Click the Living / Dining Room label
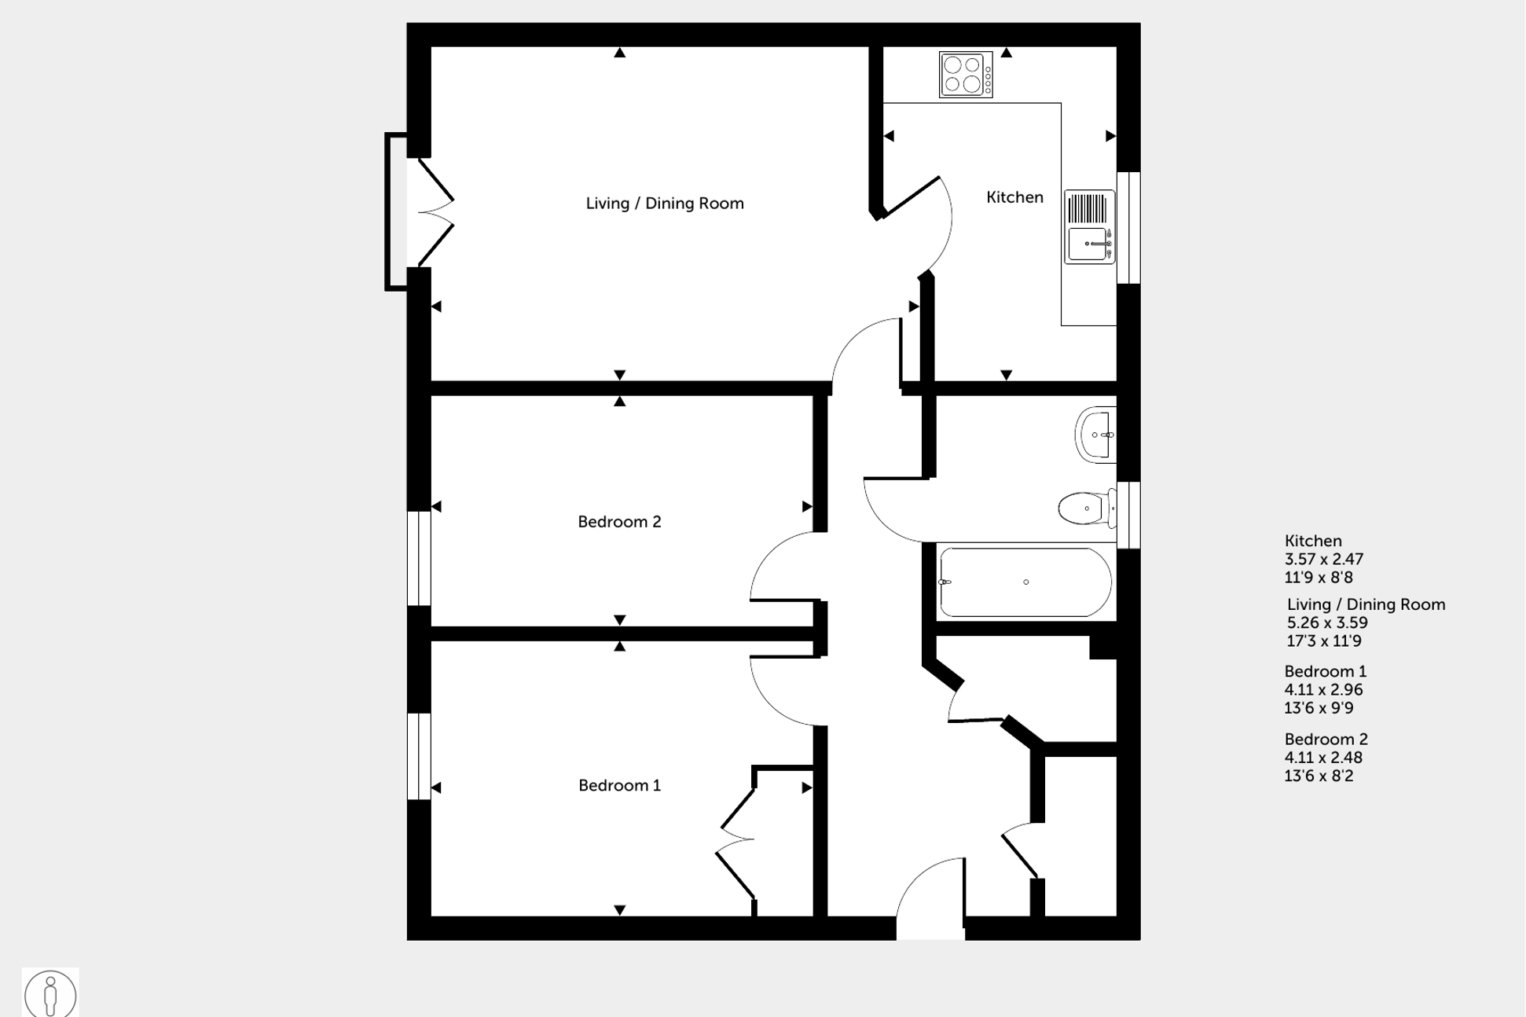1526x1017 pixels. pos(664,204)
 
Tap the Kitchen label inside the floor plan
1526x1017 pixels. pos(1014,197)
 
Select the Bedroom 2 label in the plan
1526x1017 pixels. pos(619,522)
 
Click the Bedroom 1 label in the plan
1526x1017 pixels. pos(619,785)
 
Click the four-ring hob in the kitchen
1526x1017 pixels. pos(965,75)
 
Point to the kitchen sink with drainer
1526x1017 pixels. pos(1089,226)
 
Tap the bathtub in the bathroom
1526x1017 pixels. pos(1025,582)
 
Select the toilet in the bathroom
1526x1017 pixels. pos(1086,508)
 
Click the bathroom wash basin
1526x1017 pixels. pos(1095,435)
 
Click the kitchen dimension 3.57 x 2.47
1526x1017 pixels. pos(1323,560)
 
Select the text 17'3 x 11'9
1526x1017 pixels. pos(1323,641)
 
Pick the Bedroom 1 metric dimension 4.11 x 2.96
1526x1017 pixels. pos(1323,690)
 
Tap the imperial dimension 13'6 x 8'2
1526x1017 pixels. pos(1319,777)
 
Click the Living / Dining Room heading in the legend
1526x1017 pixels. pos(1366,604)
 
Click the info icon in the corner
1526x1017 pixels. pos(50,993)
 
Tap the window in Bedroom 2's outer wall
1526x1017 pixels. pos(419,558)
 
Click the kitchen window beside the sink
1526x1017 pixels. pos(1128,228)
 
